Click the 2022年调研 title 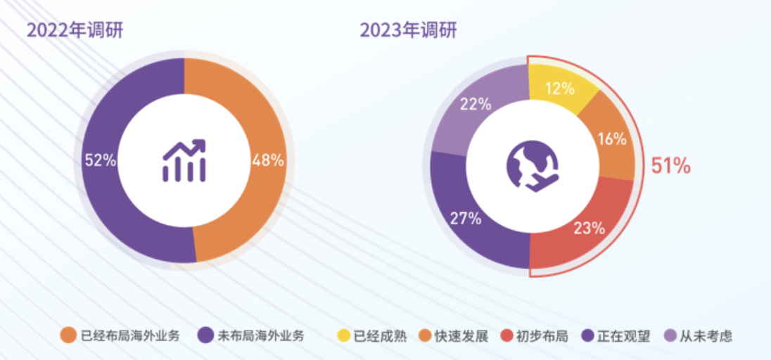75,30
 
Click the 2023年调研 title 408,30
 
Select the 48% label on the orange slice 268,160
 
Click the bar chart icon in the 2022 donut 184,160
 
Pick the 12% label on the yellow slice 560,89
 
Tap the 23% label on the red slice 589,227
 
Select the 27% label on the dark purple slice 466,219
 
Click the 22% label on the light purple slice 476,105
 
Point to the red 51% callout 670,167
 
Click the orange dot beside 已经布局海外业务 68,335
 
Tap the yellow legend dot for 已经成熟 344,335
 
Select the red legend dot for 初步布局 504,335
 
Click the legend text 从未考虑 706,336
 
